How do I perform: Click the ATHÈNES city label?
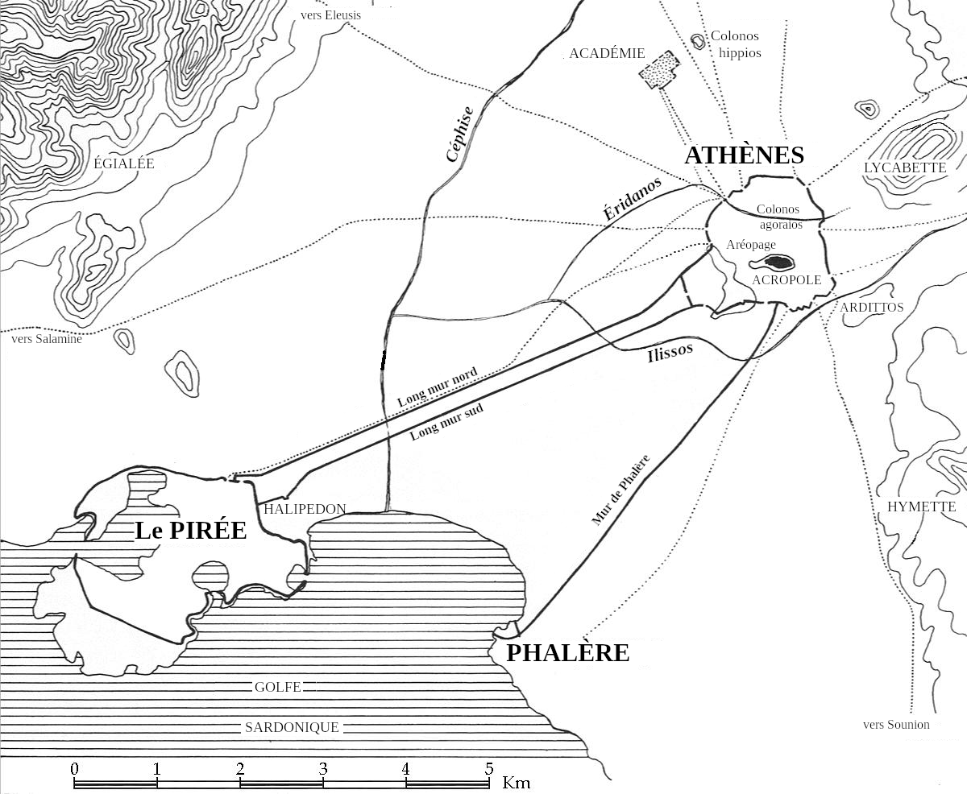click(x=744, y=155)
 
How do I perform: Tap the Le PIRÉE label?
click(x=191, y=530)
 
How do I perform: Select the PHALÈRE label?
click(x=567, y=652)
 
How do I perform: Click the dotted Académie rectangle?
click(x=659, y=69)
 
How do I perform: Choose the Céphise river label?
click(x=460, y=134)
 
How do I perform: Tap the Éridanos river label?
click(x=633, y=198)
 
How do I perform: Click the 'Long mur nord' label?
click(x=437, y=387)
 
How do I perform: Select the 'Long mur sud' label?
click(x=446, y=421)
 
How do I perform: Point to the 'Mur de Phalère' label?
click(x=620, y=490)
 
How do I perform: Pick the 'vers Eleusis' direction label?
click(x=330, y=15)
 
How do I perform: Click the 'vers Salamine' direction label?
click(x=46, y=338)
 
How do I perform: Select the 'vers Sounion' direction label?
click(x=896, y=724)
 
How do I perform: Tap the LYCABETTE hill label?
click(x=905, y=167)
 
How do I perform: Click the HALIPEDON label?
click(x=305, y=509)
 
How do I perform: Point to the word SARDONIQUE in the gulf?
click(x=292, y=727)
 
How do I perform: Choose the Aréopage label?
click(x=750, y=245)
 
